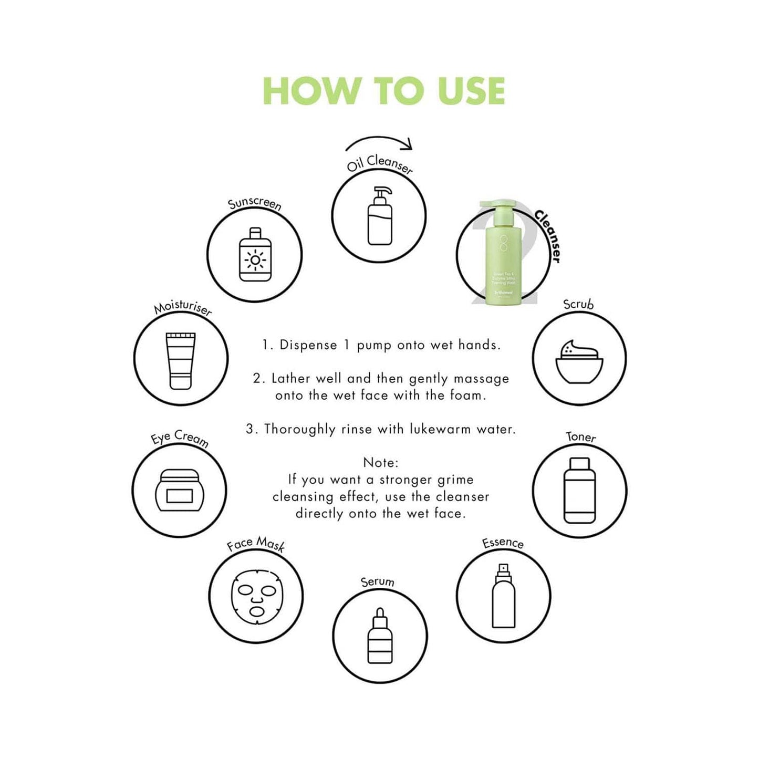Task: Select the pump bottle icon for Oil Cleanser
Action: (x=380, y=216)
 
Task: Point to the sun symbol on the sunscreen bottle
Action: (x=255, y=260)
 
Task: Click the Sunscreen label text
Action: (x=255, y=204)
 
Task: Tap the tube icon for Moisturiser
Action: (x=180, y=360)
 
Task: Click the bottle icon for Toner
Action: (x=579, y=490)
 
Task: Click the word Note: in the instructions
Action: (x=381, y=463)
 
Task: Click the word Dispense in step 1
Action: (x=308, y=345)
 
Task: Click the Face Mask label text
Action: (x=256, y=544)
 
